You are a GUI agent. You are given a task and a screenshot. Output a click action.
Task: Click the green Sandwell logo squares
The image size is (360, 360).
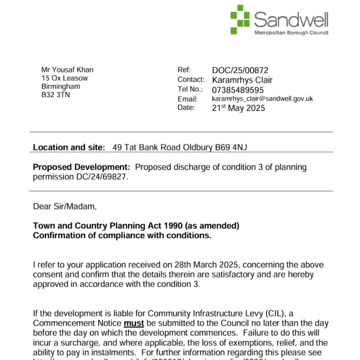click(x=240, y=19)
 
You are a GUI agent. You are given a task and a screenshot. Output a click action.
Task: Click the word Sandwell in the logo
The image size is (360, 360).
click(x=291, y=19)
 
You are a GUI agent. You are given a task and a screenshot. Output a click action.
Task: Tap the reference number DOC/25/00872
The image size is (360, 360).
click(x=240, y=70)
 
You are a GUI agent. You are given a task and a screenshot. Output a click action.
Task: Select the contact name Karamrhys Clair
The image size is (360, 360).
click(x=242, y=80)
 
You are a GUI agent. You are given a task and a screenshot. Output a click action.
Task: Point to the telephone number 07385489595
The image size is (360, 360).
click(x=238, y=90)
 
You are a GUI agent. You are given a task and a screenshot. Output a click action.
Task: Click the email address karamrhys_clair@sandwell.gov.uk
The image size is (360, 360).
click(x=262, y=99)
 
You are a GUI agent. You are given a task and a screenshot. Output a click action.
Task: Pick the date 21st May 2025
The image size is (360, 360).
click(x=238, y=108)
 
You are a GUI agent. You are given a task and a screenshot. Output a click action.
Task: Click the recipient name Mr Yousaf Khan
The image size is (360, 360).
click(x=67, y=70)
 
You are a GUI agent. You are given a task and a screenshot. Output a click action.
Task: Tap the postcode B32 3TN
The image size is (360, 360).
click(x=55, y=95)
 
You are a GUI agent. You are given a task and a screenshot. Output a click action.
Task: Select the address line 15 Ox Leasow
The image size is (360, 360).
click(x=64, y=78)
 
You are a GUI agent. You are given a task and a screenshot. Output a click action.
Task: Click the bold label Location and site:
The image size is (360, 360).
click(x=69, y=147)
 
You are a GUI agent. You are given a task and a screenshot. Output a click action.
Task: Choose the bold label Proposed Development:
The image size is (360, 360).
click(x=81, y=167)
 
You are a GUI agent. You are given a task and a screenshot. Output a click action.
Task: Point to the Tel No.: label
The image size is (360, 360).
click(x=190, y=89)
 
